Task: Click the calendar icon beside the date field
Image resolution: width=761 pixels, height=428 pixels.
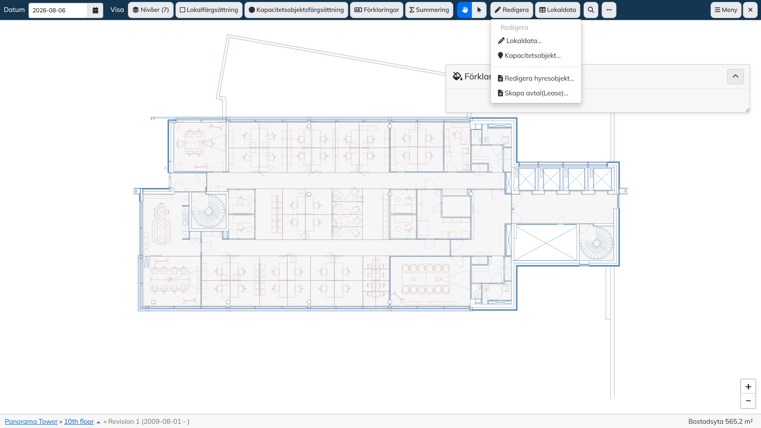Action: pos(95,10)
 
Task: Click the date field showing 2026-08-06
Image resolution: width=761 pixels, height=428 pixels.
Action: pos(58,10)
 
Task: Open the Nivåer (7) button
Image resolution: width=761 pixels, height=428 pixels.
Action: pos(151,10)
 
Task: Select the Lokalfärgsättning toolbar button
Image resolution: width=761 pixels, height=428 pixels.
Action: pos(209,10)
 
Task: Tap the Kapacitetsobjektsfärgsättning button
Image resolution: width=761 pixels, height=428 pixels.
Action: pos(296,10)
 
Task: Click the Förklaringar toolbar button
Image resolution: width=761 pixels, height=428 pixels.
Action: pos(377,10)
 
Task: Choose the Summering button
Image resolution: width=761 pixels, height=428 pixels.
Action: pos(429,10)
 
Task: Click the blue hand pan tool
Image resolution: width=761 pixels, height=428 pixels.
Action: pos(464,10)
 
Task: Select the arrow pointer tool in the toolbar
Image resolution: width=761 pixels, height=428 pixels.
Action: pos(479,10)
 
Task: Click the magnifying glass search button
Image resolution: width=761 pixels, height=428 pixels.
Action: pos(591,10)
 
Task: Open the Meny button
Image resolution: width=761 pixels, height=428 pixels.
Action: pos(726,10)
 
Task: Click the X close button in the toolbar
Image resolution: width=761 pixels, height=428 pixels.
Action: pos(750,10)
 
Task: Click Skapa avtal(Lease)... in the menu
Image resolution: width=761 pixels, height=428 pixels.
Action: pos(533,93)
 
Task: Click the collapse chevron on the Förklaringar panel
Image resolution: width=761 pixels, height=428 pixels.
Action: pos(735,77)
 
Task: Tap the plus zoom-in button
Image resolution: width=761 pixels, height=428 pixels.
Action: pos(748,387)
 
